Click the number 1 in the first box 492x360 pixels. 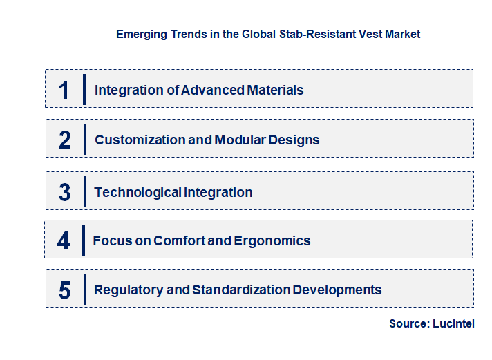click(64, 90)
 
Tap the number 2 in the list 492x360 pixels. click(65, 140)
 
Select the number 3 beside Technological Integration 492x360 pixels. click(65, 192)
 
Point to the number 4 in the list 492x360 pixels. click(64, 241)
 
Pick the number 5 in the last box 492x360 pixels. click(65, 290)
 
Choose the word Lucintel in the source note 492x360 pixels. click(453, 323)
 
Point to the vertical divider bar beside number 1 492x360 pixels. click(84, 89)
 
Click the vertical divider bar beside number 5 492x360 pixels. click(84, 290)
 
